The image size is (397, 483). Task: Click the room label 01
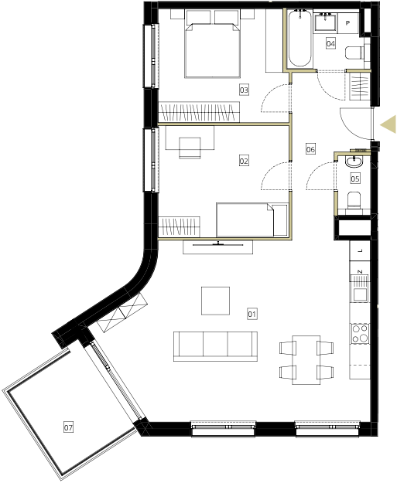(252, 314)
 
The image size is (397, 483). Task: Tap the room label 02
(244, 161)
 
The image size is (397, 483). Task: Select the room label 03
(244, 90)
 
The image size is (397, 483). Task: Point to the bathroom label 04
(330, 43)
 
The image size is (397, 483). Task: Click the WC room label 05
(355, 179)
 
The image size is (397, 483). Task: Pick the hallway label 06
(310, 149)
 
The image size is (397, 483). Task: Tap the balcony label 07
(68, 427)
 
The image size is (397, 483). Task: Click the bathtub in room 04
(299, 38)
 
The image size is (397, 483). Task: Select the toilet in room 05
(354, 201)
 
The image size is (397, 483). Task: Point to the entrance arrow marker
(388, 124)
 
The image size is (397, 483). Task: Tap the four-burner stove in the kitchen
(360, 334)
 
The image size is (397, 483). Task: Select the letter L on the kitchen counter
(360, 250)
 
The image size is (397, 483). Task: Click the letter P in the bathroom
(348, 22)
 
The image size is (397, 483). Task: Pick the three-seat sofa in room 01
(215, 346)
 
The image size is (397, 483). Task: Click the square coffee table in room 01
(215, 301)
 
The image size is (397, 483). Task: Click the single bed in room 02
(252, 220)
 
